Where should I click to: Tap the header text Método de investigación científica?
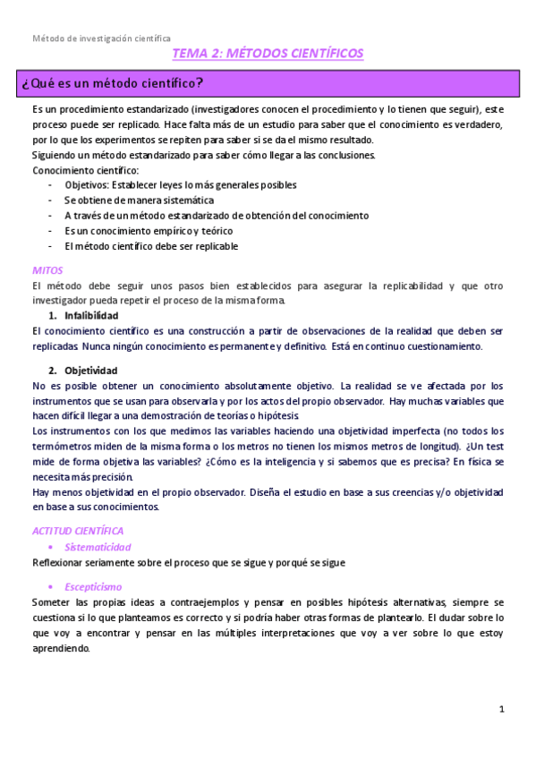[x=101, y=38]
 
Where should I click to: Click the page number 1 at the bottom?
[x=502, y=709]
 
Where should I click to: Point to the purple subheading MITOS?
[x=46, y=269]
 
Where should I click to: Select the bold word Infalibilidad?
[x=91, y=315]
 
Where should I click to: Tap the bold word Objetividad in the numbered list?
[x=90, y=370]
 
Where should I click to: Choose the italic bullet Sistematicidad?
[x=98, y=547]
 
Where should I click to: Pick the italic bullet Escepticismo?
[x=93, y=587]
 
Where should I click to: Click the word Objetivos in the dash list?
[x=88, y=184]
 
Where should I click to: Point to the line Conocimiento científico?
[x=86, y=170]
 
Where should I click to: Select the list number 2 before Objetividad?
[x=52, y=370]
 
